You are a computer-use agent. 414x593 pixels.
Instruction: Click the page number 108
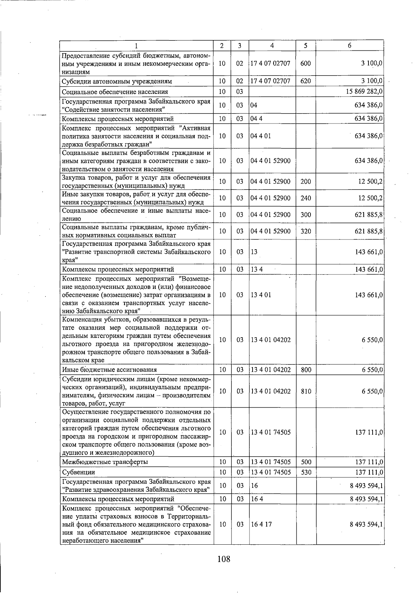pyautogui.click(x=224, y=558)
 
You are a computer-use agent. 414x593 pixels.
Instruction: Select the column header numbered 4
pyautogui.click(x=272, y=46)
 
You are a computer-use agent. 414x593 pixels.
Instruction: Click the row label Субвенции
pyautogui.click(x=78, y=472)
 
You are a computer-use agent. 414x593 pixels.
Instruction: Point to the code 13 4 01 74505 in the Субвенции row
pyautogui.click(x=271, y=472)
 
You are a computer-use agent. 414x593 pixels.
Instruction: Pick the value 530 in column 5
pyautogui.click(x=306, y=472)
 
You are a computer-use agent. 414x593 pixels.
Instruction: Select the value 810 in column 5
pyautogui.click(x=306, y=391)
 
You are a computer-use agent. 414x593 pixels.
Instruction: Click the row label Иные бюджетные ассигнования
pyautogui.click(x=109, y=370)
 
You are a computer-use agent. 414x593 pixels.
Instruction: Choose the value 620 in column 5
pyautogui.click(x=306, y=81)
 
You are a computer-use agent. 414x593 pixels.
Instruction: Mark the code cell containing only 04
pyautogui.click(x=254, y=105)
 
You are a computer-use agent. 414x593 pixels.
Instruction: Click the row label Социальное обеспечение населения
pyautogui.click(x=115, y=91)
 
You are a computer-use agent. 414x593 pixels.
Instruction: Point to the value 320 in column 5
pyautogui.click(x=306, y=231)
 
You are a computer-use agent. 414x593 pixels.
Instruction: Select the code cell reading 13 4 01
pyautogui.click(x=261, y=295)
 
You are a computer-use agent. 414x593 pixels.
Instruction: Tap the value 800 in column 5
pyautogui.click(x=306, y=370)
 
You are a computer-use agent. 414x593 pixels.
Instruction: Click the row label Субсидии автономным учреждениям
pyautogui.click(x=117, y=81)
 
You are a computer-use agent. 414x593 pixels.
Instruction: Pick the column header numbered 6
pyautogui.click(x=349, y=46)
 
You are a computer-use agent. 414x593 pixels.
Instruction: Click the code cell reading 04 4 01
pyautogui.click(x=261, y=136)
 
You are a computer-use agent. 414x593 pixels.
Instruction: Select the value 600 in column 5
pyautogui.click(x=306, y=64)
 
